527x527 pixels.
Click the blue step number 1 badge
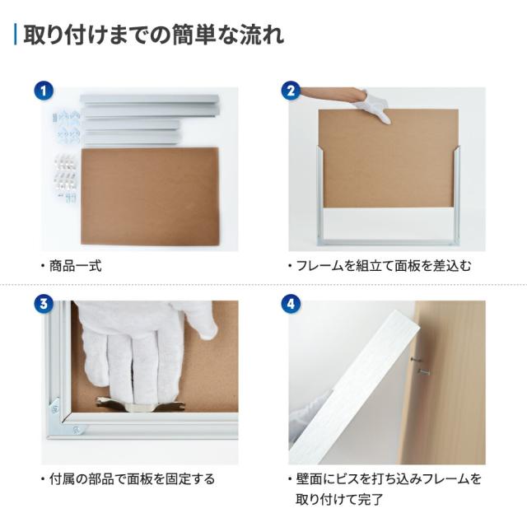coord(43,91)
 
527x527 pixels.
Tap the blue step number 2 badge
coord(289,91)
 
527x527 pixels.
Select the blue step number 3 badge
coord(43,304)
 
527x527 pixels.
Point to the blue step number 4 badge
coord(289,304)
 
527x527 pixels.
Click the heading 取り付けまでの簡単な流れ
coord(153,36)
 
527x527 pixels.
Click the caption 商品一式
coord(75,267)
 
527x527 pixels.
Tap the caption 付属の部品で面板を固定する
coord(127,479)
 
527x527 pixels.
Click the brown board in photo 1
coord(150,195)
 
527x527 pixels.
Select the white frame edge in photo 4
coord(362,387)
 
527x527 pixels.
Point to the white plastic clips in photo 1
coord(65,177)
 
